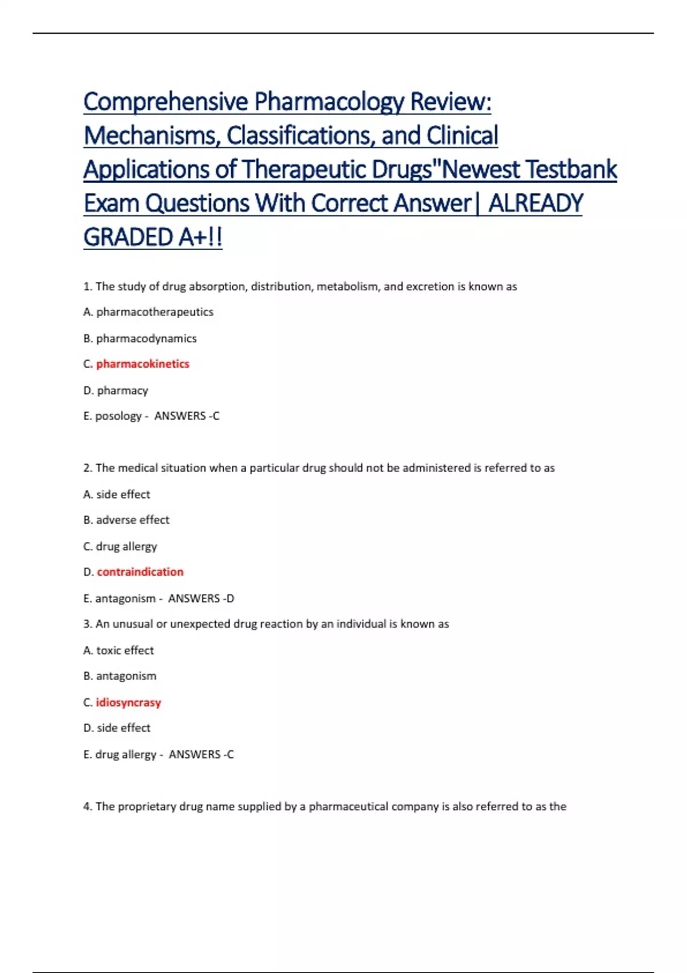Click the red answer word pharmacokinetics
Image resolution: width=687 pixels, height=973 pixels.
pos(143,364)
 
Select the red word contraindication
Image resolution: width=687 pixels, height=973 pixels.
pos(140,572)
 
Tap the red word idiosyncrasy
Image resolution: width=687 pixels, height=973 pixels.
pos(128,702)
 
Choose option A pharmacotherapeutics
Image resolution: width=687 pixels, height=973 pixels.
pos(148,312)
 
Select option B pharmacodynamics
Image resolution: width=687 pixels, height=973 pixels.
pos(140,338)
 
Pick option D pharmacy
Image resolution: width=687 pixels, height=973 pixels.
pos(116,390)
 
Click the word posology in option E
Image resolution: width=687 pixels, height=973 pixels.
pos(118,416)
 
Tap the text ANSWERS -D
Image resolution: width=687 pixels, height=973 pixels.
pos(201,599)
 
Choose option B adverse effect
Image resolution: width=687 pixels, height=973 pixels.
pos(127,520)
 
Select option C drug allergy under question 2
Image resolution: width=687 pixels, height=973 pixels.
pos(120,546)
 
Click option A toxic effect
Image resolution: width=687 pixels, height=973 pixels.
pos(119,650)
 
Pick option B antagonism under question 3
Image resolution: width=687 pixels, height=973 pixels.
pos(120,676)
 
